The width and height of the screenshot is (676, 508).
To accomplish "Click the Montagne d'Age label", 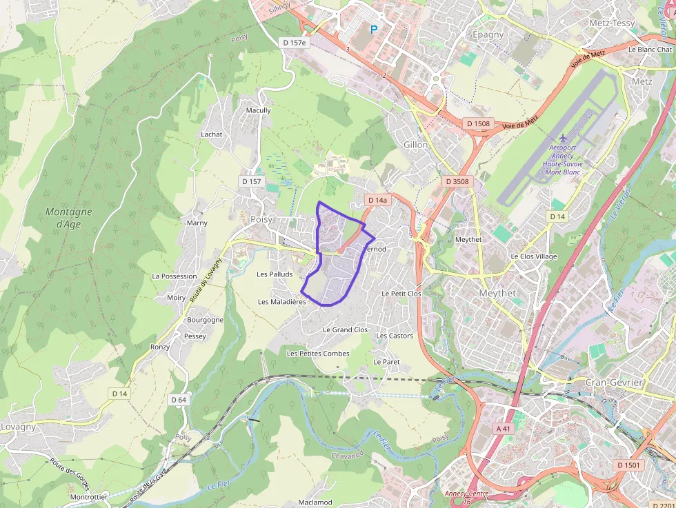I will tap(68, 218).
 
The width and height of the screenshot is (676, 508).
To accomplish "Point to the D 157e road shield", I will tap(294, 43).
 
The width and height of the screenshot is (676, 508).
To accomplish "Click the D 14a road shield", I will tap(377, 200).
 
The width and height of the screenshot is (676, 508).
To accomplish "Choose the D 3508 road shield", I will tap(457, 181).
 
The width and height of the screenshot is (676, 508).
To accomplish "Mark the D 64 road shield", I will tap(178, 400).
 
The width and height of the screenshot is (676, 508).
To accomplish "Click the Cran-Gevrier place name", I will tap(613, 383).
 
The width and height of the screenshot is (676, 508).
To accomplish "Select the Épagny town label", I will tap(488, 34).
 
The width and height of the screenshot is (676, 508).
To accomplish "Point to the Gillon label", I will tap(416, 145).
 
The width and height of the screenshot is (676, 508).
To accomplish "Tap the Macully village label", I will tap(259, 110).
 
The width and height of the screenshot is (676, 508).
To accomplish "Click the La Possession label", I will tap(175, 276).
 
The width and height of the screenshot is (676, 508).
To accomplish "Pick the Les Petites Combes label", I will tap(318, 354).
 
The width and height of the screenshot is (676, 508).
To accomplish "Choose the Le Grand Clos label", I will tap(346, 330).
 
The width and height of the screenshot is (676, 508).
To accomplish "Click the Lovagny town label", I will tap(18, 427).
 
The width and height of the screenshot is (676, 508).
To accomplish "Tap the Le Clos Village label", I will tap(533, 256).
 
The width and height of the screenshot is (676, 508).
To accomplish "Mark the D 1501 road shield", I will tap(629, 465).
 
